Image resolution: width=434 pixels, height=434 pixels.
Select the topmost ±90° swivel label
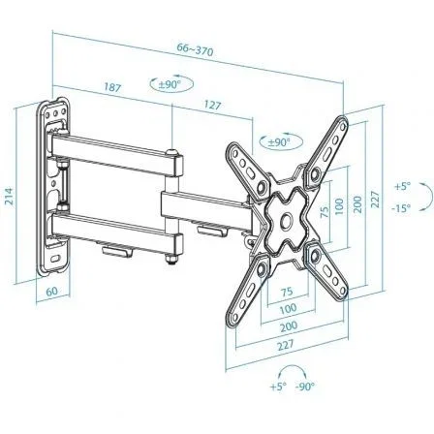[170, 84]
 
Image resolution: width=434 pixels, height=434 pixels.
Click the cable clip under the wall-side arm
[118, 250]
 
